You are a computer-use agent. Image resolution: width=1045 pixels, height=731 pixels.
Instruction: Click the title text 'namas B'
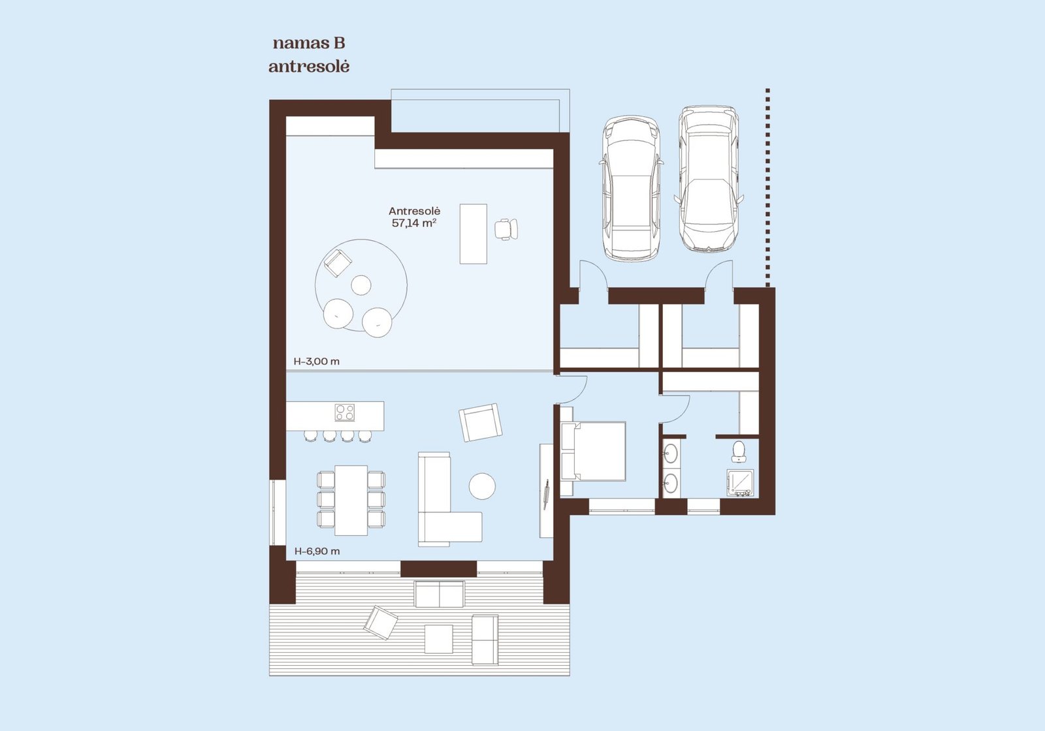point(309,44)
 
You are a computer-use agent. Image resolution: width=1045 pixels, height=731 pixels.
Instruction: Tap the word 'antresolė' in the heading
point(309,67)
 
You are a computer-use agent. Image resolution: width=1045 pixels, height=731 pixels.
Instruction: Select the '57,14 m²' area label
point(414,223)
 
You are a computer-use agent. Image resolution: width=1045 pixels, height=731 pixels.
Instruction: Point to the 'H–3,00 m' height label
point(316,362)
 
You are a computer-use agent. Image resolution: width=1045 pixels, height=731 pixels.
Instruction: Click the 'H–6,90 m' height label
point(317,551)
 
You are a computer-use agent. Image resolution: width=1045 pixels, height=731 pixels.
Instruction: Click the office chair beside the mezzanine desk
point(506,229)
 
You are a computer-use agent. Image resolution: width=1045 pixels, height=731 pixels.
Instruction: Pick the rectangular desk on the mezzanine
point(473,234)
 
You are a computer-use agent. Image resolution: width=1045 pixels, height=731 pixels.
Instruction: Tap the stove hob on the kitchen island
point(344,412)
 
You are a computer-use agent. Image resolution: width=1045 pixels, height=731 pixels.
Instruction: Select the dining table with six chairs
point(351,500)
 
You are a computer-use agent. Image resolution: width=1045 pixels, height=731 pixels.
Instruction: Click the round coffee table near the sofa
point(482,486)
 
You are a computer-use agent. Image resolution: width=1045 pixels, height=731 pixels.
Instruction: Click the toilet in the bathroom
point(739,451)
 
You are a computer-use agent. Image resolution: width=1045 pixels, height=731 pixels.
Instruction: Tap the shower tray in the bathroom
point(739,483)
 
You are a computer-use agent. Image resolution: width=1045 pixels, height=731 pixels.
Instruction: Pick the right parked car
point(709,179)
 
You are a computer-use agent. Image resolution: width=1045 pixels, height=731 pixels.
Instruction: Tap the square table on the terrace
point(438,639)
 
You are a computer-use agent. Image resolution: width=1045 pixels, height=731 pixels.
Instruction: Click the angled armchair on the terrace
point(381,623)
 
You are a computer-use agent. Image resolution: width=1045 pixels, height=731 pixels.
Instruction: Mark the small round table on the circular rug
point(361,285)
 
